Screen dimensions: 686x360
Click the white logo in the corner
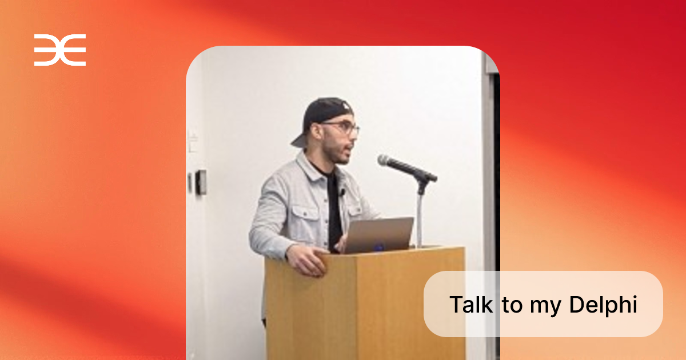[60, 50]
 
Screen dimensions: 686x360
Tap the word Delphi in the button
[603, 305]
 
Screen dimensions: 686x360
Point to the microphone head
[386, 161]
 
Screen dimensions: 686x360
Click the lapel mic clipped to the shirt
[342, 192]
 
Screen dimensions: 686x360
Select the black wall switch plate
[201, 182]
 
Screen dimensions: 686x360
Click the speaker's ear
[316, 132]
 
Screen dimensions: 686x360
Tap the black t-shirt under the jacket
[333, 208]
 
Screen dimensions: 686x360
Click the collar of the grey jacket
[309, 168]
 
